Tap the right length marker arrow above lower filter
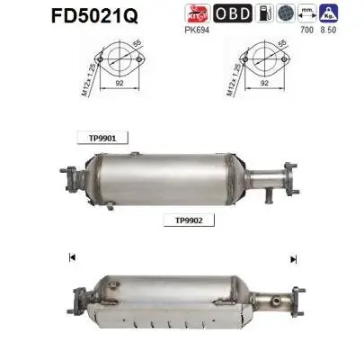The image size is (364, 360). [293, 259]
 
